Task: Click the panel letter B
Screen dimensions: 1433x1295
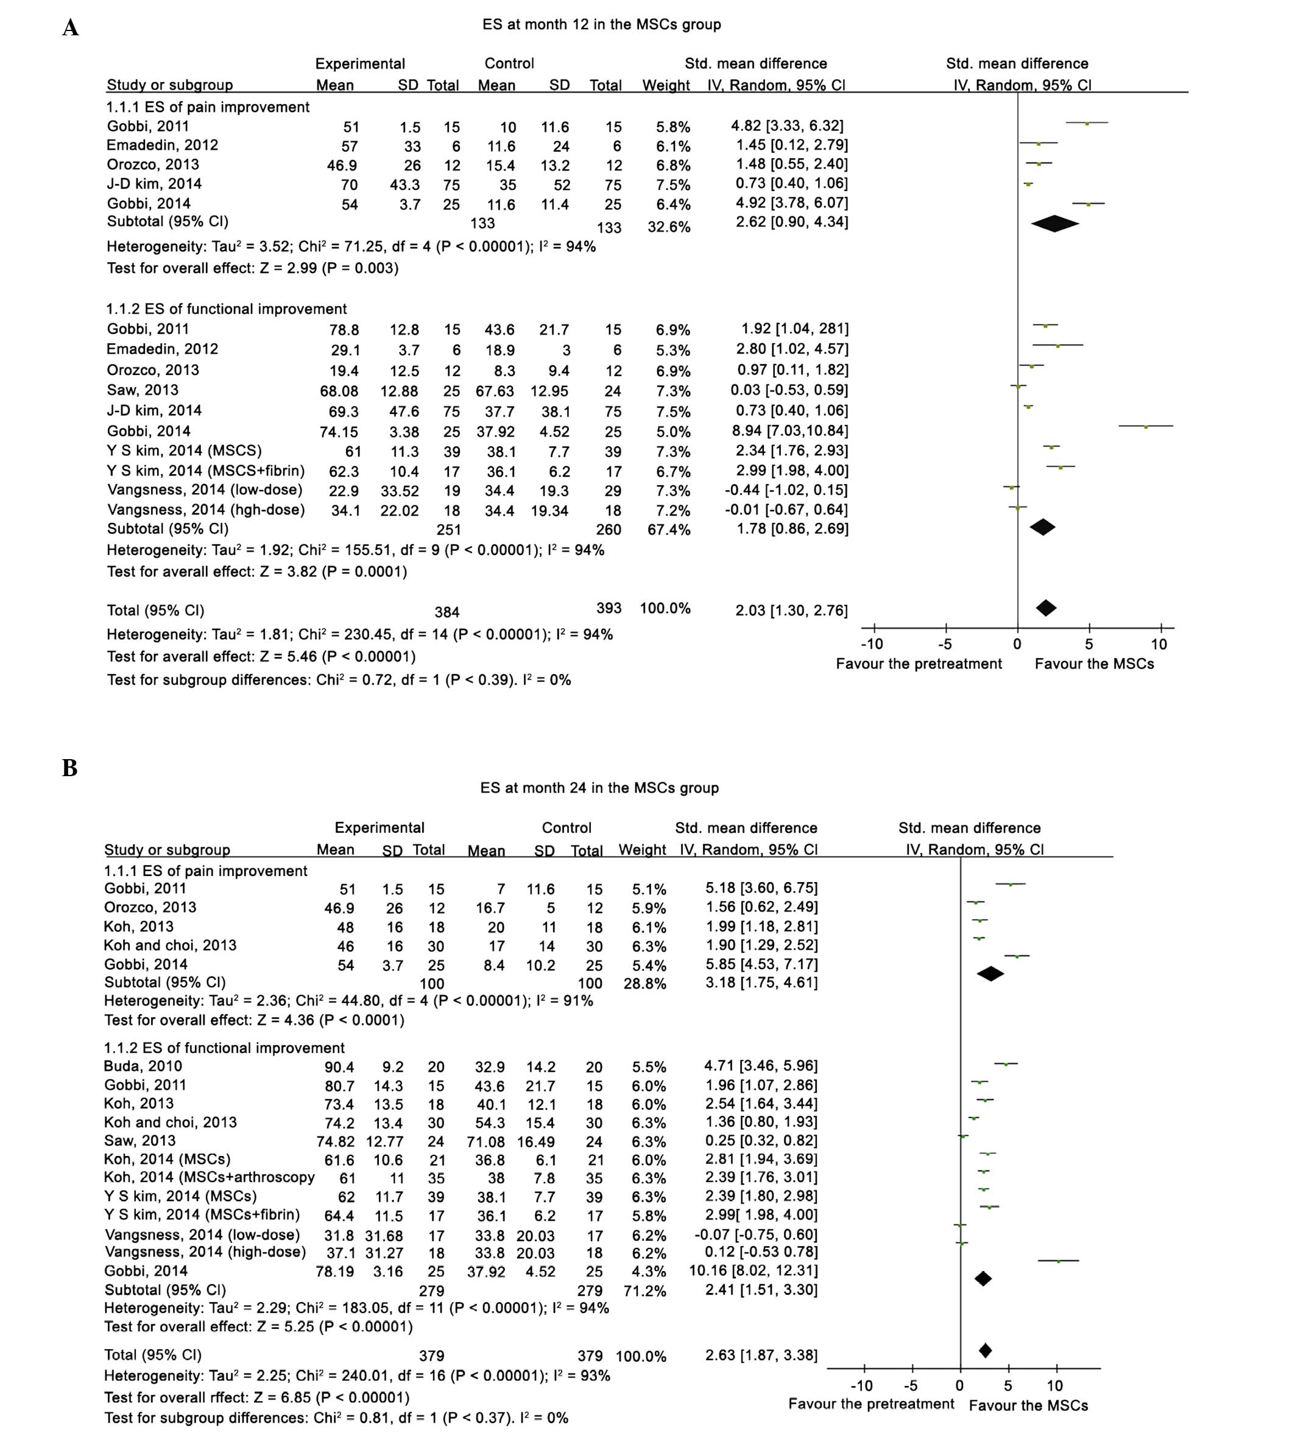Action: pos(69,768)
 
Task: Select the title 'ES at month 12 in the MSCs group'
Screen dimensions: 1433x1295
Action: pos(601,25)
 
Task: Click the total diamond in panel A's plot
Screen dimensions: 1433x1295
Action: pos(1045,608)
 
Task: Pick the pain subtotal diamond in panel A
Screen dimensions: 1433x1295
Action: pos(1054,223)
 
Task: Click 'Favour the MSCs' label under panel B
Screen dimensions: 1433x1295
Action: pos(1028,1405)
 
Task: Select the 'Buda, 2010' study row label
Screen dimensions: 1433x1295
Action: pos(143,1066)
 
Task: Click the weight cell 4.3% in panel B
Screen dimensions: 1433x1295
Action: pos(649,1271)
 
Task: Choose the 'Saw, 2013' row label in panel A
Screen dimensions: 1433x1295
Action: pos(142,390)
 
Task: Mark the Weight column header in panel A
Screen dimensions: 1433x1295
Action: pos(666,85)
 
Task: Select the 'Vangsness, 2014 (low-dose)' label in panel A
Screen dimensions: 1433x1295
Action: pos(205,490)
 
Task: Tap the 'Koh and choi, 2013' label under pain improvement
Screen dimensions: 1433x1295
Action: pos(170,945)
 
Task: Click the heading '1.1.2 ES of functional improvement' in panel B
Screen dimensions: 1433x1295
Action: pos(224,1048)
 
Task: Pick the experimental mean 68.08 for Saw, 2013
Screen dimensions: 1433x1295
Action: pos(339,391)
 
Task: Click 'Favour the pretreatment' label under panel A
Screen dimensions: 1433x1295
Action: pos(918,664)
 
